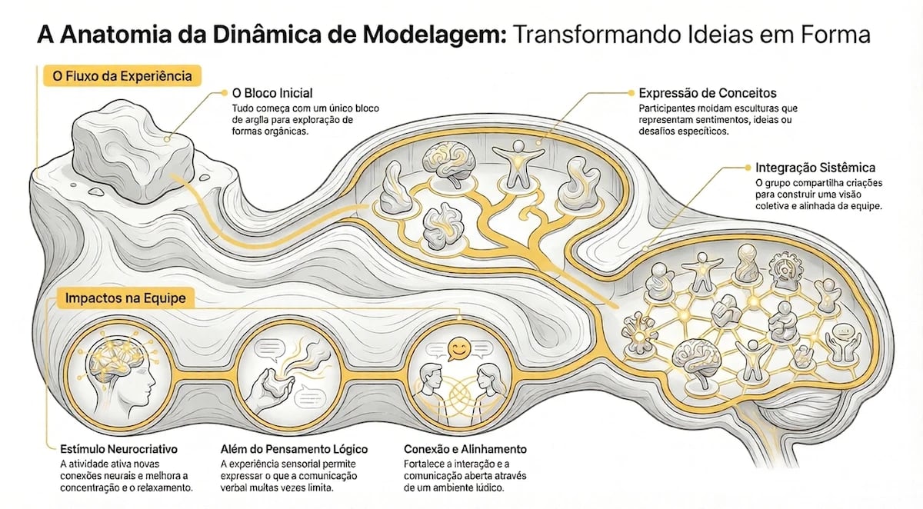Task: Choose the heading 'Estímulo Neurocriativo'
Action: [x=118, y=448]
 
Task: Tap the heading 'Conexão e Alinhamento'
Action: [x=465, y=448]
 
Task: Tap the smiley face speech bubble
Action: [x=459, y=351]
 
